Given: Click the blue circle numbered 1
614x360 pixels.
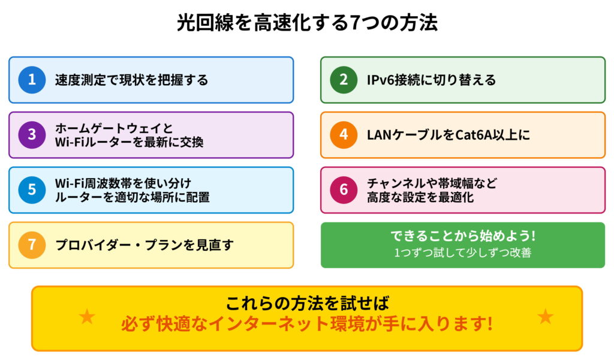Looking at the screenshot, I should [x=32, y=80].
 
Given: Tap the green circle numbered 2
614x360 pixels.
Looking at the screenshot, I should [x=344, y=80].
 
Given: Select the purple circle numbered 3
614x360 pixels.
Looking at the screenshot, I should [x=32, y=135].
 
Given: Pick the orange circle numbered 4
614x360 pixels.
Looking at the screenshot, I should [x=344, y=135].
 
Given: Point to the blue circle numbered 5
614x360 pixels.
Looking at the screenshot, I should [x=32, y=190].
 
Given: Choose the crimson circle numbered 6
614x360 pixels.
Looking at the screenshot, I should [x=344, y=190].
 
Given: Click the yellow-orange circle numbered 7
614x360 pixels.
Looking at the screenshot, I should [x=32, y=245].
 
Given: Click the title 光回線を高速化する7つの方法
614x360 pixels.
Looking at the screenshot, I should [x=307, y=23].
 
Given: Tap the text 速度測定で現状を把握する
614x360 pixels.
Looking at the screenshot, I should [x=131, y=80].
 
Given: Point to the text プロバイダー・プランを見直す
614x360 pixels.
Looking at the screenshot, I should [x=144, y=245].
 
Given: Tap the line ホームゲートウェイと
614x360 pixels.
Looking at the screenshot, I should [x=114, y=128].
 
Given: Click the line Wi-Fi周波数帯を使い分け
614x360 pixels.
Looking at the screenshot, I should [x=123, y=182].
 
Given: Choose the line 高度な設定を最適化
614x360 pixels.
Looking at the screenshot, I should [x=420, y=197].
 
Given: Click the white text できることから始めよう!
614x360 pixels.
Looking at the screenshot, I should [x=462, y=237].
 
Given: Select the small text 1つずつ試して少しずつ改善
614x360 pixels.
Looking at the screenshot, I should [x=462, y=253].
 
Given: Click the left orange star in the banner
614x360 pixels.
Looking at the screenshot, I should [x=87, y=316].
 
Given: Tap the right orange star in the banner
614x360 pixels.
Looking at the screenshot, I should [x=545, y=316].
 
